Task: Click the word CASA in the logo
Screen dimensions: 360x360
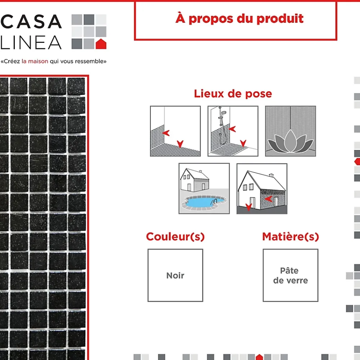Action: click(x=31, y=22)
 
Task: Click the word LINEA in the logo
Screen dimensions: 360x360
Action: click(x=31, y=42)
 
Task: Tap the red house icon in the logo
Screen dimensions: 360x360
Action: click(x=101, y=44)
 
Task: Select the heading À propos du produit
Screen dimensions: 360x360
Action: click(x=239, y=19)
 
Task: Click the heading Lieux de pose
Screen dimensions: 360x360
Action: click(x=233, y=94)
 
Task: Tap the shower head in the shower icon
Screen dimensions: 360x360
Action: click(x=224, y=113)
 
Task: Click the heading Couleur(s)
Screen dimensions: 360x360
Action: click(x=175, y=237)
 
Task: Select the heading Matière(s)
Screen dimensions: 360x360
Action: click(x=291, y=237)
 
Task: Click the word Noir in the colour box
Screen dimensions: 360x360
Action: click(x=175, y=275)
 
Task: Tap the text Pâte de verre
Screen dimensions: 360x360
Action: click(x=291, y=275)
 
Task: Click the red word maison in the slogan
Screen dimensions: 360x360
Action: click(x=38, y=61)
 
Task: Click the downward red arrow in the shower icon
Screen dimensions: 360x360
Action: click(x=243, y=143)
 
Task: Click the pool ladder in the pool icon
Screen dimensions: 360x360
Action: click(x=214, y=202)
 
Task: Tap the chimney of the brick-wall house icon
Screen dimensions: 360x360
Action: click(x=271, y=175)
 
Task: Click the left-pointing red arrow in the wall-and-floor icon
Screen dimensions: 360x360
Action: click(x=166, y=133)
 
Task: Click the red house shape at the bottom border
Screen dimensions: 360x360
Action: click(x=259, y=357)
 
